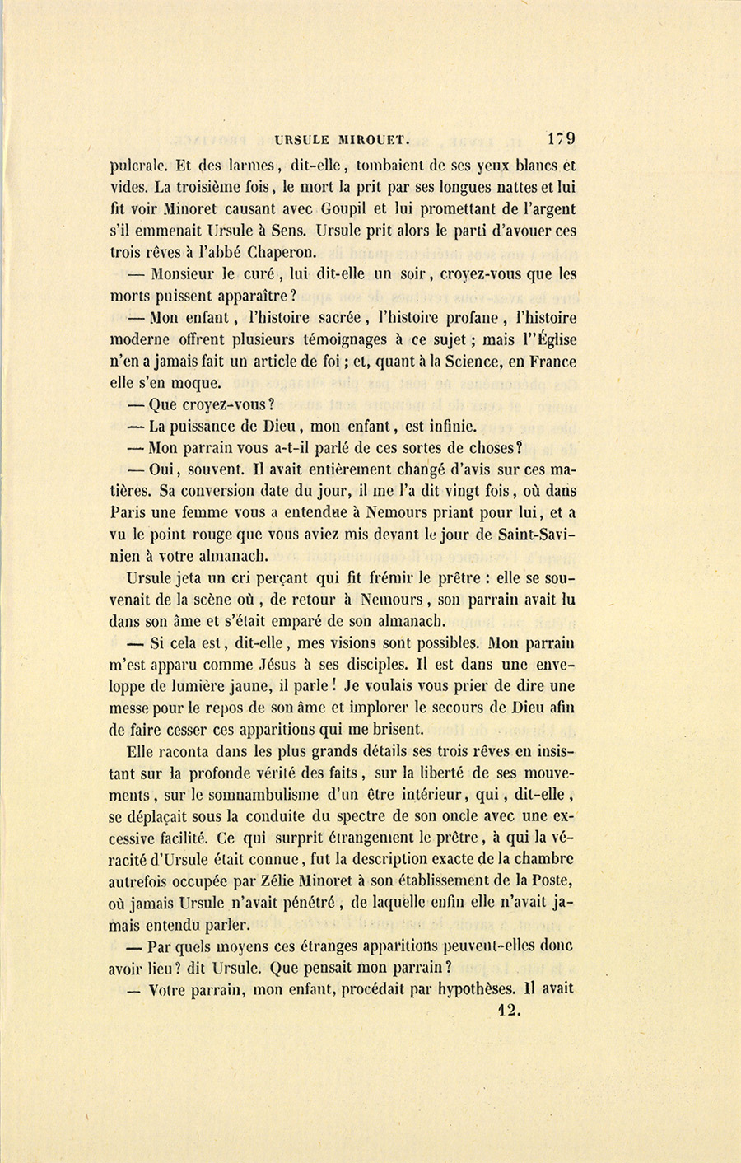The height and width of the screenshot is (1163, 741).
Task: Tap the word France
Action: (x=552, y=361)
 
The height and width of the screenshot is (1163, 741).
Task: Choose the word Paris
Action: (x=130, y=512)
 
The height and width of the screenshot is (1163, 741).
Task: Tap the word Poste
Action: (x=552, y=880)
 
